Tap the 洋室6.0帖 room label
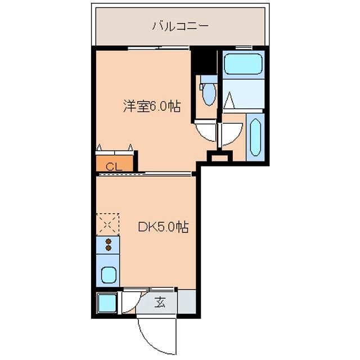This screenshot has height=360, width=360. point(152,106)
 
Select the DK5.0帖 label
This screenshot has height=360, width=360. point(163,227)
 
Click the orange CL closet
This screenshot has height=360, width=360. point(114,165)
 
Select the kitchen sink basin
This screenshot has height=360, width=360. point(108,275)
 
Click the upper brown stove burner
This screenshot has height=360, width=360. point(109,240)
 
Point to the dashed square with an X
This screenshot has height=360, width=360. point(107,224)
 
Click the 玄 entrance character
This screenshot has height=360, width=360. point(160,303)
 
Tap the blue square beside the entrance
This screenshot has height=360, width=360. point(106,304)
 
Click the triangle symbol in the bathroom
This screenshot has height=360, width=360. point(229,102)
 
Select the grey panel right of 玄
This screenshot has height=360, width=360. point(186,303)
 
